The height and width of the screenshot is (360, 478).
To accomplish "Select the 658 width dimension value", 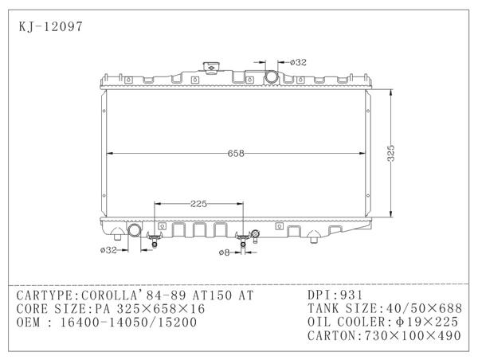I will coord(235,154).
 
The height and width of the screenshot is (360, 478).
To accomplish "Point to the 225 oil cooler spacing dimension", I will coord(199,204).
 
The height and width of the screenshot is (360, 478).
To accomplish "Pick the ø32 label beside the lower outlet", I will coord(109,250).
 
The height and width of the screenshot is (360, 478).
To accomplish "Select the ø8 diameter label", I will coord(225,252).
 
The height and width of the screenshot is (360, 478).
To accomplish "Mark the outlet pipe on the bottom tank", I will coord(133,232).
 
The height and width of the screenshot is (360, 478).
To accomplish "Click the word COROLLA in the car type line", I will coord(108,295).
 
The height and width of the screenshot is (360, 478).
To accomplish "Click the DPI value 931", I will coord(351,295).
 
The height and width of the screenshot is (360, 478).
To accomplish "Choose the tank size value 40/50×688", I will coord(421,308).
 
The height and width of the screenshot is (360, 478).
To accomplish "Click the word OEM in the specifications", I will coord(30,322).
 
